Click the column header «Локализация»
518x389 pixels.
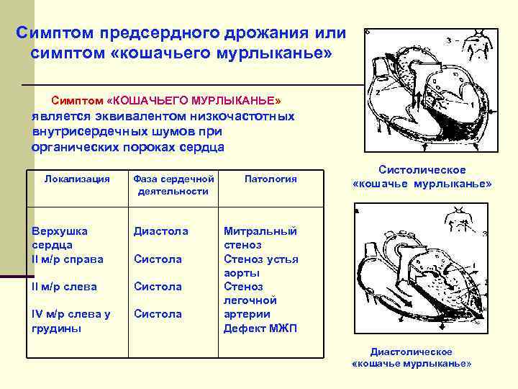pos(77,178)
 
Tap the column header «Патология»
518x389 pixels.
pos(271,178)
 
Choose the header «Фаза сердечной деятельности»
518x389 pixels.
pos(173,184)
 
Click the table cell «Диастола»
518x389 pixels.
pos(160,231)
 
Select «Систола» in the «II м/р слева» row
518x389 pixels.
pos(158,286)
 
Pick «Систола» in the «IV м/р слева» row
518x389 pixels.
pos(158,313)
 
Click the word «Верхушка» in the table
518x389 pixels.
pos(60,231)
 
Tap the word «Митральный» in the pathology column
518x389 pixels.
pos(260,231)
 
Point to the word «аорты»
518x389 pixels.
pos(239,272)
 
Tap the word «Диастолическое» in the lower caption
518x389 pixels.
pos(411,352)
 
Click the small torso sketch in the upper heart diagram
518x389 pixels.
pos(477,48)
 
